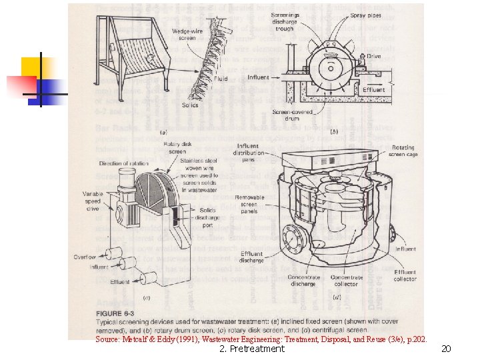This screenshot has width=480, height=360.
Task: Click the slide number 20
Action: pyautogui.click(x=447, y=349)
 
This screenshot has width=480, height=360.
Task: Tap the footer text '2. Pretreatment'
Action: pyautogui.click(x=252, y=349)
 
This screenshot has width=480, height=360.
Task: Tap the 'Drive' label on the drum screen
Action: pyautogui.click(x=373, y=56)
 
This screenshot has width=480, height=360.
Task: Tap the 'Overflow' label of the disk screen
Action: pyautogui.click(x=85, y=257)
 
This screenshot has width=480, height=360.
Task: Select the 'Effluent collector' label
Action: pyautogui.click(x=405, y=275)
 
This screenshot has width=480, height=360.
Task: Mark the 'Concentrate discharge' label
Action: pyautogui.click(x=303, y=281)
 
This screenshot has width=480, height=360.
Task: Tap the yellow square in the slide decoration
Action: pyautogui.click(x=37, y=67)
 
